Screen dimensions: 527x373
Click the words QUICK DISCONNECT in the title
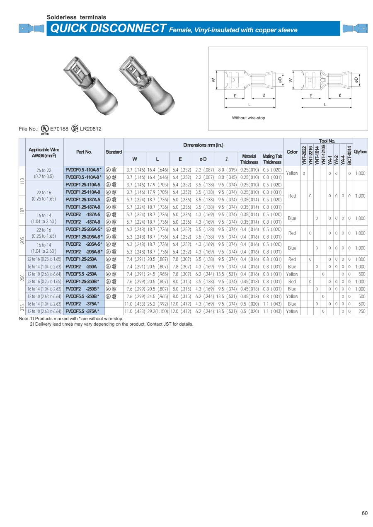pyautogui.click(x=107, y=29)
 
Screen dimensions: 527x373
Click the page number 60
pyautogui.click(x=365, y=513)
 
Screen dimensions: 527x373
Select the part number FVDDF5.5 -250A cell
pyautogui.click(x=81, y=274)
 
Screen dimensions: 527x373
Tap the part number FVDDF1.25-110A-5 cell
pyautogui.click(x=83, y=184)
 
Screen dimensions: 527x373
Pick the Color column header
pyautogui.click(x=292, y=152)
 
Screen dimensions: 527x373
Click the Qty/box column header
pyautogui.click(x=360, y=152)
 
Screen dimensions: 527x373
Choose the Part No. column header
pyautogui.click(x=84, y=152)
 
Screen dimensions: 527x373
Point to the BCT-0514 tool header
pyautogui.click(x=350, y=155)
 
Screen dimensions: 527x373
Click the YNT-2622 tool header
pyautogui.click(x=304, y=155)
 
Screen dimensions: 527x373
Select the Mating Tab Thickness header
pyautogui.click(x=272, y=159)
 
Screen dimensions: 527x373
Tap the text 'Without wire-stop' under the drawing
pyautogui.click(x=248, y=118)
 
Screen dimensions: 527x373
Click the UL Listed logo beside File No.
pyautogui.click(x=44, y=129)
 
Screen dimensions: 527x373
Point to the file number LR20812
pyautogui.click(x=90, y=129)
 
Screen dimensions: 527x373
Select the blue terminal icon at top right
pyautogui.click(x=355, y=29)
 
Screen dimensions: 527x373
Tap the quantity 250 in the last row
pyautogui.click(x=362, y=312)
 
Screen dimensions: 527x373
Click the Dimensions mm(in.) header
pyautogui.click(x=203, y=145)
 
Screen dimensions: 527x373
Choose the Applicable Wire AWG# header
pyautogui.click(x=44, y=152)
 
